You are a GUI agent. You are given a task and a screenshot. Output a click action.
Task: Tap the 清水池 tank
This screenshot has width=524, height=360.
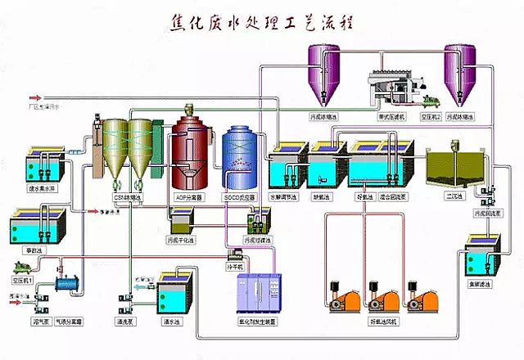tap(173, 290)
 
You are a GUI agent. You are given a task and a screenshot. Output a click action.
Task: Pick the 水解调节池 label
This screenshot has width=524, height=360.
tap(286, 197)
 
